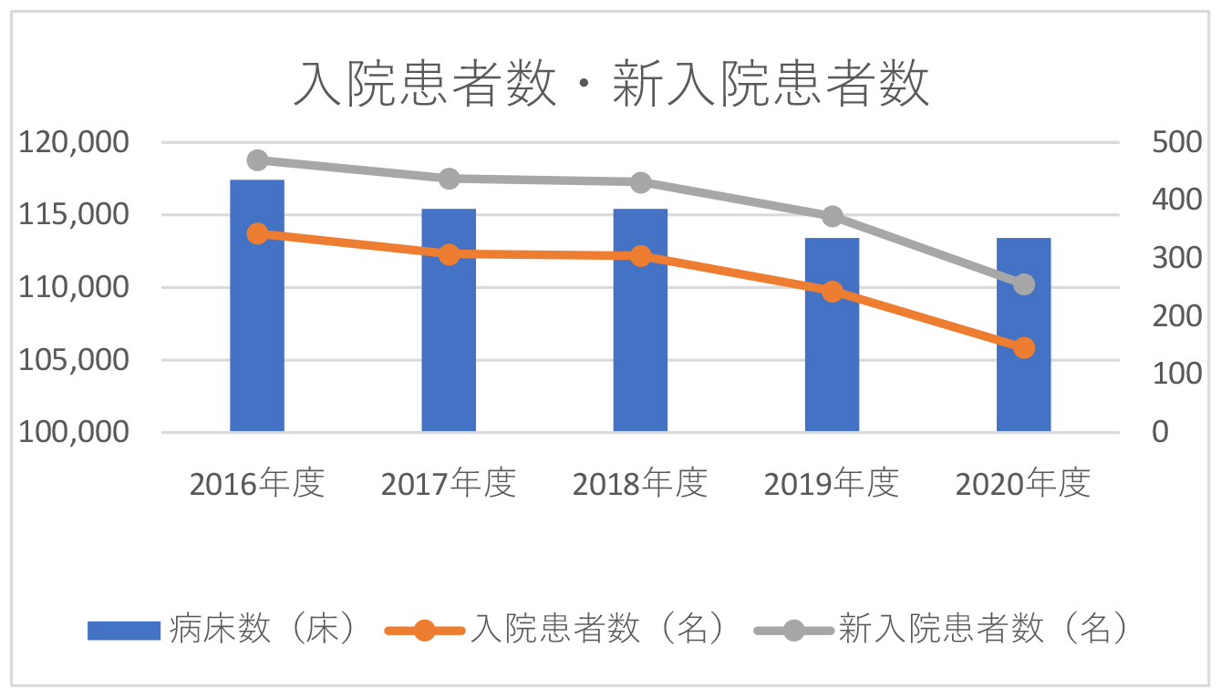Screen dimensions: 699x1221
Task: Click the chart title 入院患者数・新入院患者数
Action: (610, 85)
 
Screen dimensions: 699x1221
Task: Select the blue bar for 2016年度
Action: (257, 305)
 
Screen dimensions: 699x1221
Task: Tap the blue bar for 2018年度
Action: (640, 320)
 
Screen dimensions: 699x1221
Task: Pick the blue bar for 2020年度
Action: (1023, 334)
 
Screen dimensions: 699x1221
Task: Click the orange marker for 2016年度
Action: (257, 233)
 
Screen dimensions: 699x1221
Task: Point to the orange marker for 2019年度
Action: (832, 292)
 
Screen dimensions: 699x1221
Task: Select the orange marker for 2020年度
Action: (1023, 347)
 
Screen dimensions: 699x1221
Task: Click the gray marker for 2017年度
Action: (449, 179)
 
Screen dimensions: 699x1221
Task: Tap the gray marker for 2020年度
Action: (1023, 284)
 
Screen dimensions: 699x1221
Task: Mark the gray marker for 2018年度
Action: (640, 182)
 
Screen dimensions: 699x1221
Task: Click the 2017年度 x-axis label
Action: (449, 483)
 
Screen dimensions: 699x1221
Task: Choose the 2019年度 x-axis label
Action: (832, 483)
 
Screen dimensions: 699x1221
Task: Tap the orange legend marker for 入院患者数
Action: (424, 630)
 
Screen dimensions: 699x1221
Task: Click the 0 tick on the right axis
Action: (1160, 432)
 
